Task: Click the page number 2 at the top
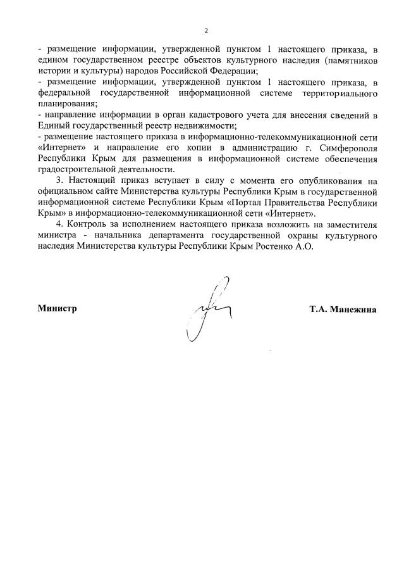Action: tap(205, 30)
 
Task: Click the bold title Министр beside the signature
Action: tap(57, 308)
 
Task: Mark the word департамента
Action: tap(173, 235)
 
